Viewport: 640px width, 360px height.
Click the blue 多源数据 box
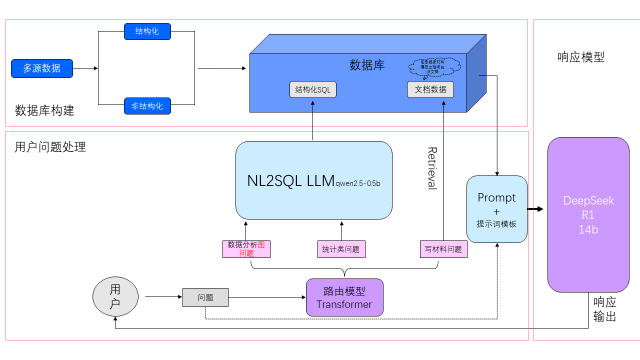pos(42,68)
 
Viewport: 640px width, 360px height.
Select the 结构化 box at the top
pos(147,31)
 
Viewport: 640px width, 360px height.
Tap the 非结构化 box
pos(147,106)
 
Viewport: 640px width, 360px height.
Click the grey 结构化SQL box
pos(313,89)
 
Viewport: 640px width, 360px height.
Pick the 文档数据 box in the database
pos(430,89)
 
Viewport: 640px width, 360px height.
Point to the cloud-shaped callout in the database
pos(433,66)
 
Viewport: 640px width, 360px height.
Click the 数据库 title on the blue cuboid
pos(367,65)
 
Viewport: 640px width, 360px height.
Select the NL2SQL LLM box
pos(313,180)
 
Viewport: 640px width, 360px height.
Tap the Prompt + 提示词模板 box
pos(496,209)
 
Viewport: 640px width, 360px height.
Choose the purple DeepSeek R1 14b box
pos(588,214)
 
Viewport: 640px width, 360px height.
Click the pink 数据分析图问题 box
pos(246,249)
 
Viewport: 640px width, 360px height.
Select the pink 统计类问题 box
pos(341,249)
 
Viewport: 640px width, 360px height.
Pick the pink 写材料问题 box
pos(443,249)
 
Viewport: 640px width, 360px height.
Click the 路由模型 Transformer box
pos(344,297)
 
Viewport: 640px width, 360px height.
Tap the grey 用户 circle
pos(115,297)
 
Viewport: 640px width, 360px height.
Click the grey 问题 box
pos(205,297)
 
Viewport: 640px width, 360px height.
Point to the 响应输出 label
pos(604,309)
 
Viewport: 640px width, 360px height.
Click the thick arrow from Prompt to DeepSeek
pos(535,209)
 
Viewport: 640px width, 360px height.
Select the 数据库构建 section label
pos(44,110)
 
